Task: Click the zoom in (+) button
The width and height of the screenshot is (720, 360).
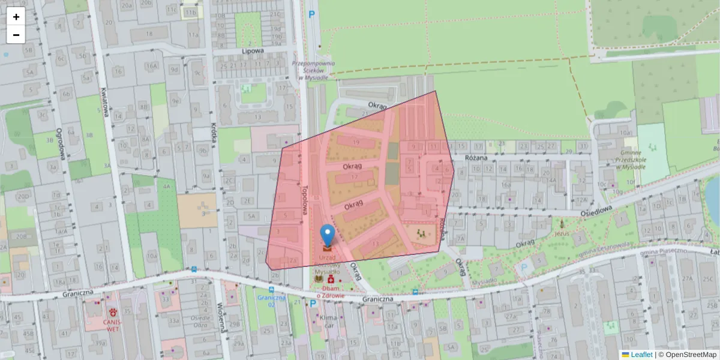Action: pyautogui.click(x=16, y=17)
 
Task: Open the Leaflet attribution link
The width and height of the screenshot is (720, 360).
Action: pyautogui.click(x=641, y=355)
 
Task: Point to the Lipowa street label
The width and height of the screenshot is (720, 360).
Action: pyautogui.click(x=253, y=51)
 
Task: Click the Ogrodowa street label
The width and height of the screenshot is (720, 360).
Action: pyautogui.click(x=59, y=144)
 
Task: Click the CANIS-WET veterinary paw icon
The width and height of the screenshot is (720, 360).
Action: pyautogui.click(x=113, y=312)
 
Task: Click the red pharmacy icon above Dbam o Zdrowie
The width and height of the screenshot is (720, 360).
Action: pyautogui.click(x=331, y=280)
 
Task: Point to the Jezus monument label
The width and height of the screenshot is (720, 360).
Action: pyautogui.click(x=561, y=232)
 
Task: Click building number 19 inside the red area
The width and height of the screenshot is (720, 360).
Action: pyautogui.click(x=356, y=142)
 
